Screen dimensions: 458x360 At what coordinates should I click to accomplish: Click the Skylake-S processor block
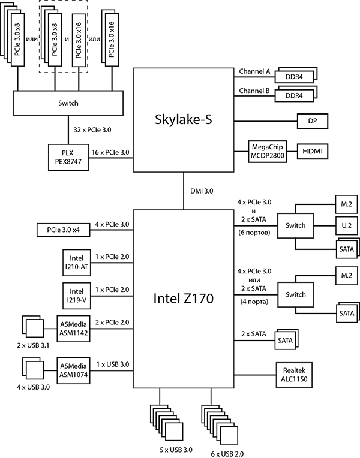[x=182, y=120]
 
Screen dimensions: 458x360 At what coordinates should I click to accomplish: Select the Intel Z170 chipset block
[x=182, y=297]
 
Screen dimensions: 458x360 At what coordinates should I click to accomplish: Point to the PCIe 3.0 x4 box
[x=64, y=229]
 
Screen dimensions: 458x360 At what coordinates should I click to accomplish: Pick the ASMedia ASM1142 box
[x=74, y=329]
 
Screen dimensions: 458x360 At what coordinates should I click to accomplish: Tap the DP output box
[x=313, y=121]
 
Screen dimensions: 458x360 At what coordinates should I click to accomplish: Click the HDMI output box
[x=313, y=151]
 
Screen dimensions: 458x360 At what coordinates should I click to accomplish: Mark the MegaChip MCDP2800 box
[x=267, y=151]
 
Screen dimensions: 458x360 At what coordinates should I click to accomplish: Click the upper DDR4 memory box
[x=295, y=77]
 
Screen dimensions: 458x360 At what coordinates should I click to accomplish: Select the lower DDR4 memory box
[x=295, y=96]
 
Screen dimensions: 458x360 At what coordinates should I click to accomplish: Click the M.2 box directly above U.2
[x=346, y=205]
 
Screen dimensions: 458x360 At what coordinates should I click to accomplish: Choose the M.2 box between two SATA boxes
[x=346, y=275]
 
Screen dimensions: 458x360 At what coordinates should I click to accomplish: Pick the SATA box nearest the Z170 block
[x=286, y=341]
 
